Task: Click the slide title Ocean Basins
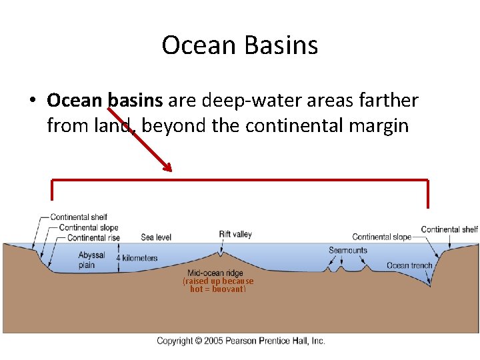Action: [240, 45]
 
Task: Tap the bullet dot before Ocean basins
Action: [32, 101]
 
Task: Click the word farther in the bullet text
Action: [385, 101]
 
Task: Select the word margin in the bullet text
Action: [377, 125]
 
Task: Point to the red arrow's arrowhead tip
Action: [171, 171]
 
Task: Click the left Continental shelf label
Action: [79, 217]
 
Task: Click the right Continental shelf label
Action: [449, 230]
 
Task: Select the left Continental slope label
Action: [89, 227]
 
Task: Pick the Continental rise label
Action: [94, 237]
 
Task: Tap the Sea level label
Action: [156, 237]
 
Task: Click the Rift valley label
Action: [235, 235]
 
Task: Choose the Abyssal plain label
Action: [91, 260]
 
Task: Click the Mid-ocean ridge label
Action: [215, 273]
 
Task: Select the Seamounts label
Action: [347, 251]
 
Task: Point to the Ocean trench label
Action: [409, 265]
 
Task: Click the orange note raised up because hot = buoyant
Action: [218, 285]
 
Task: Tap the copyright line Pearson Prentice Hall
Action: [241, 341]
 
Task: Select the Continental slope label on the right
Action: [381, 237]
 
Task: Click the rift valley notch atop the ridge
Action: [221, 253]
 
